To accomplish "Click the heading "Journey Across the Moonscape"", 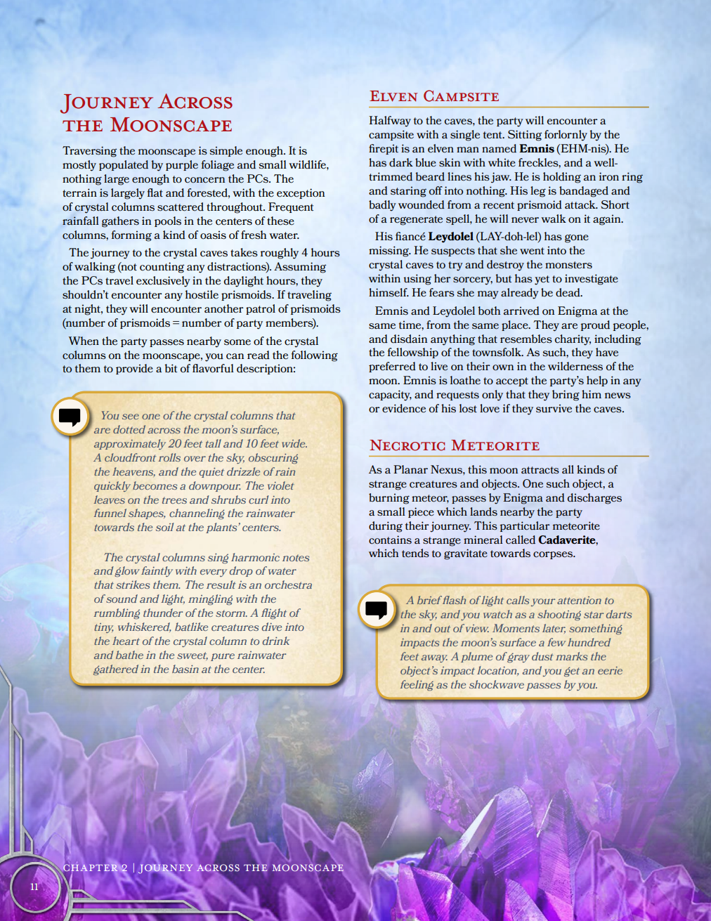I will pos(148,113).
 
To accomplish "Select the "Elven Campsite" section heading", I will pos(434,96).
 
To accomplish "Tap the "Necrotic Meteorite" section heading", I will pos(455,445).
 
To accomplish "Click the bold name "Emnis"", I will pos(537,149).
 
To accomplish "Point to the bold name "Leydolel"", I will pos(450,237).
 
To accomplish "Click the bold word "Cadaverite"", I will pos(567,540).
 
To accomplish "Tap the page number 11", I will pos(34,887).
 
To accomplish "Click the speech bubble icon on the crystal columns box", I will pos(70,417).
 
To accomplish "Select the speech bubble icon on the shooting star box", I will pos(377,609).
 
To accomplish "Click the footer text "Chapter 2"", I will pos(96,868).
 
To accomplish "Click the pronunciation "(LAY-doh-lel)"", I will pos(509,237).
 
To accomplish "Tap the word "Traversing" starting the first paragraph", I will pos(89,151).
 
